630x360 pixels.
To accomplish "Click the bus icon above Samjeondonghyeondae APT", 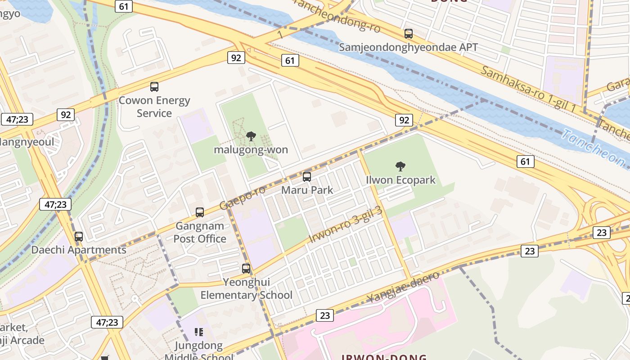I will coord(409,34).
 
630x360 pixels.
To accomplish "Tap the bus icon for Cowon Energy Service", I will coord(154,87).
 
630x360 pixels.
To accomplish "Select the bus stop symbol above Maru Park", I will coord(307,176).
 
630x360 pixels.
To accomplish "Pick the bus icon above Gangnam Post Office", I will coord(200,212).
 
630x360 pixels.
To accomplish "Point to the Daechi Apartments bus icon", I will coord(79,236).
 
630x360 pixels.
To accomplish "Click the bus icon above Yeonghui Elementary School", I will coord(246,269).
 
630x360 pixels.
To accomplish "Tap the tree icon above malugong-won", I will coord(251,136).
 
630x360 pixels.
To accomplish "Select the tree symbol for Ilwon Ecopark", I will coord(400,166).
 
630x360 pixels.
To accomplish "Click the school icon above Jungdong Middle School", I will coord(198,332).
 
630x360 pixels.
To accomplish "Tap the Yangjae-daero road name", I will coord(403,287).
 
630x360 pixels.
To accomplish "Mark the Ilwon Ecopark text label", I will coord(400,180).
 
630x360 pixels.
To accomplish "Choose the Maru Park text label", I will coord(307,190).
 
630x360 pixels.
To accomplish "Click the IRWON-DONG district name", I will coord(384,357).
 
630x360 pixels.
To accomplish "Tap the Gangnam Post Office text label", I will coord(200,232).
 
